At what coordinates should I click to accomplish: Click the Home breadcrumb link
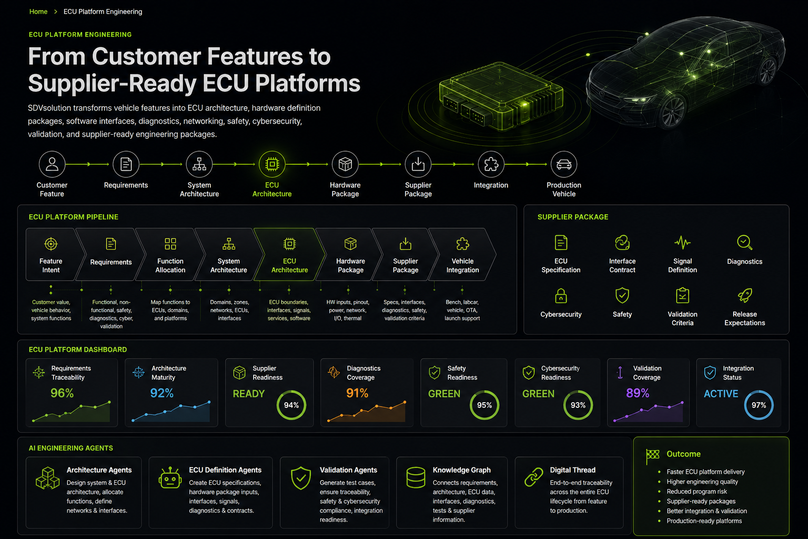point(38,12)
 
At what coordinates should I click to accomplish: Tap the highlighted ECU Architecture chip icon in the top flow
point(272,164)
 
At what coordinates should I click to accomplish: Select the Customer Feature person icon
point(52,164)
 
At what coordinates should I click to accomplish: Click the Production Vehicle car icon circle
point(564,164)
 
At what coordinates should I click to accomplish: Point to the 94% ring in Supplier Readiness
point(291,393)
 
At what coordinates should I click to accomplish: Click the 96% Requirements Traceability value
point(62,393)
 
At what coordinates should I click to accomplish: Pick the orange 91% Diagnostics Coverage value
point(357,393)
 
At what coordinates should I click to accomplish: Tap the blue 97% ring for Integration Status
point(759,393)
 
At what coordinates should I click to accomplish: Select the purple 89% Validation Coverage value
point(638,393)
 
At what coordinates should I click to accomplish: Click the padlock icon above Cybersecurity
point(561,295)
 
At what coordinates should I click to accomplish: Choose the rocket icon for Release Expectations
point(744,295)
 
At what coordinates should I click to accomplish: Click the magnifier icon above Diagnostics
point(744,243)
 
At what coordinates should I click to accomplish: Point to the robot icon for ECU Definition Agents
point(170,477)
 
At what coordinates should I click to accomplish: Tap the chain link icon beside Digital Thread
point(533,477)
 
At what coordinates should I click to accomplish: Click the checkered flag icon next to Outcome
point(652,456)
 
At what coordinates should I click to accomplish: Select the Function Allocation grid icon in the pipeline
point(170,244)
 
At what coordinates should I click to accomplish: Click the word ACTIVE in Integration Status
point(721,394)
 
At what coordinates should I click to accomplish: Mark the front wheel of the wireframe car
point(672,112)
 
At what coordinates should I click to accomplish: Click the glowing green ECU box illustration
point(501,97)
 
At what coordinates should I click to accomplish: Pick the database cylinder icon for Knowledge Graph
point(416,477)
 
